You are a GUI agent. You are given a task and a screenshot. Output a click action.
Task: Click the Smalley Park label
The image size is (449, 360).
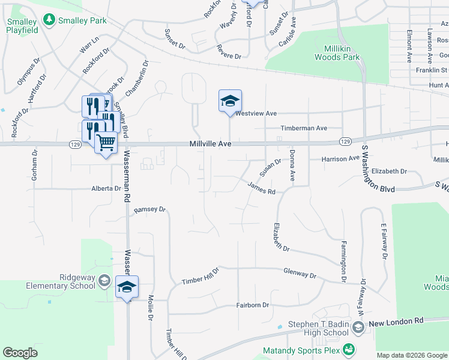[x=82, y=20]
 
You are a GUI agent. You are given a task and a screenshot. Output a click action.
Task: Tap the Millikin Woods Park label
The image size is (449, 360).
[x=337, y=53]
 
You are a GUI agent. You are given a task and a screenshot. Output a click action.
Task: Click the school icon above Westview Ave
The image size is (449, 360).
[x=230, y=101]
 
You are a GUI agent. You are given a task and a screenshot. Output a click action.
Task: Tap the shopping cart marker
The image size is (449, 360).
[x=106, y=143]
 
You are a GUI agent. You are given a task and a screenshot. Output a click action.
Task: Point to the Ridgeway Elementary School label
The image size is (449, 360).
[x=61, y=281]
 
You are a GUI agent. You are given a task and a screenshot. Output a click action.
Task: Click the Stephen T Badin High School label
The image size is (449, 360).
[x=318, y=328]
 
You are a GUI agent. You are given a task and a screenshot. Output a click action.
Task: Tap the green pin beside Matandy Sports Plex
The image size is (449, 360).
[x=348, y=349]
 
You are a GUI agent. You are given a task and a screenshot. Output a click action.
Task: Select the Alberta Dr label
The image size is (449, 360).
[x=106, y=188]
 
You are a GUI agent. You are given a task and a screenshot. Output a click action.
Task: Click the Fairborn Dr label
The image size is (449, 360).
[x=252, y=305]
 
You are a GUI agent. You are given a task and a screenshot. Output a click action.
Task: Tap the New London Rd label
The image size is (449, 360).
[x=396, y=322]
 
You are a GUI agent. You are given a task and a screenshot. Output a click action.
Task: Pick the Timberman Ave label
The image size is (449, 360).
[x=304, y=128]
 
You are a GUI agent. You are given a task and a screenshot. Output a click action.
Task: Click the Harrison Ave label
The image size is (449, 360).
[x=340, y=159]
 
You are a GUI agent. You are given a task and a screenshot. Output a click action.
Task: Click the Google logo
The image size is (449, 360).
[x=20, y=353]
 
